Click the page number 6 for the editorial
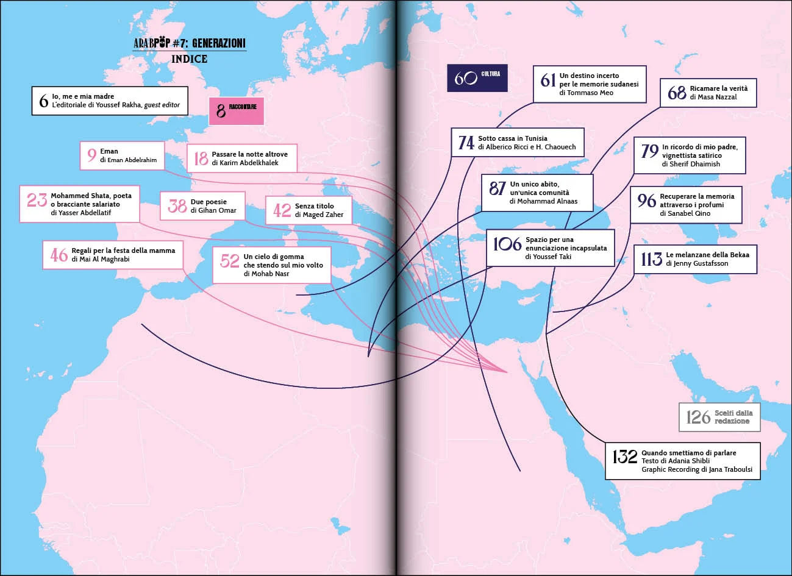43,101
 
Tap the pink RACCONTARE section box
236,110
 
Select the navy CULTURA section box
477,78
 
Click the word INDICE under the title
189,59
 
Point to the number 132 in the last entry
624,457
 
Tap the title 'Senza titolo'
315,206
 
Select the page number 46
59,254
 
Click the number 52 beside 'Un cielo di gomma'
229,261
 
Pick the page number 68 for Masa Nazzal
677,93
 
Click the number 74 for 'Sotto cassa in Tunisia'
466,143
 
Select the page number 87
498,188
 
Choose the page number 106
507,244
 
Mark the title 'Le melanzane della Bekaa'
707,254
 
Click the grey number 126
698,417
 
